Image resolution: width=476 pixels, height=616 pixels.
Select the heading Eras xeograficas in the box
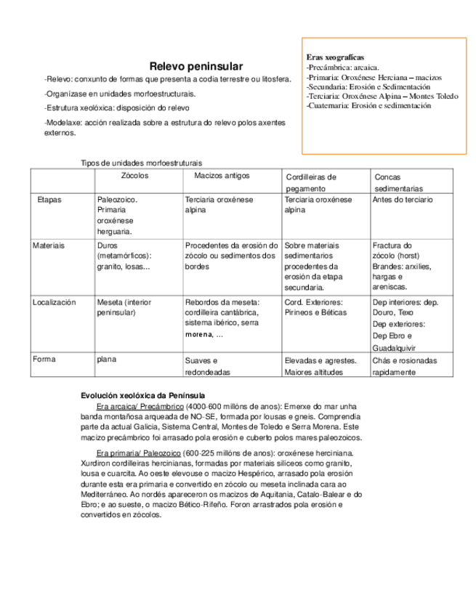pyautogui.click(x=335, y=57)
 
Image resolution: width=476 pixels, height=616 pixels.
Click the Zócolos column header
pyautogui.click(x=134, y=176)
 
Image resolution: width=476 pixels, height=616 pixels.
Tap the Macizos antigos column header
pyautogui.click(x=222, y=176)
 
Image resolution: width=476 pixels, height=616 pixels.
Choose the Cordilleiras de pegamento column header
pyautogui.click(x=311, y=182)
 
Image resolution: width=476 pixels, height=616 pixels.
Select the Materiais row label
pyautogui.click(x=49, y=246)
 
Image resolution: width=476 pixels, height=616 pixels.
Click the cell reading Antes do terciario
pyautogui.click(x=403, y=200)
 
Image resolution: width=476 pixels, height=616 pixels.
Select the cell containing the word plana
pyautogui.click(x=106, y=359)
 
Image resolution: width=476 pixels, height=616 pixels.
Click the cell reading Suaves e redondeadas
pyautogui.click(x=207, y=366)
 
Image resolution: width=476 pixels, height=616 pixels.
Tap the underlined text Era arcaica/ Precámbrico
pyautogui.click(x=140, y=406)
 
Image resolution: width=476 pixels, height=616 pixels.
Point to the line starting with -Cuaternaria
pyautogui.click(x=369, y=105)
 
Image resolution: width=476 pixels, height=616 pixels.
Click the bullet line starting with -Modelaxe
pyautogui.click(x=164, y=128)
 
